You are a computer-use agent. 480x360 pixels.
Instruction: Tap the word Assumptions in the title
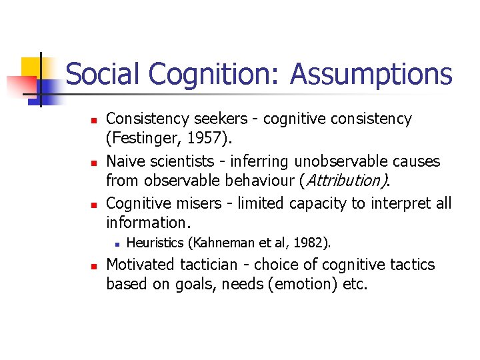click(371, 75)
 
